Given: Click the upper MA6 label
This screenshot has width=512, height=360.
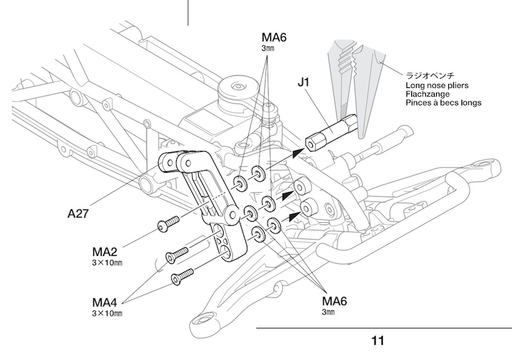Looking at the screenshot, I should click(x=273, y=38).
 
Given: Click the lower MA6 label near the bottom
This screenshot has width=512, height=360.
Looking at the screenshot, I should click(x=335, y=300).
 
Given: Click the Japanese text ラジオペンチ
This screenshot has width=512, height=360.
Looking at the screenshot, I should click(x=431, y=77).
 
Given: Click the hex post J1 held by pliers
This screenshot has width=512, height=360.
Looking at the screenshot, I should click(x=330, y=134).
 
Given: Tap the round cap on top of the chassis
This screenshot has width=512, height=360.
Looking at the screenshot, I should click(x=237, y=87).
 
